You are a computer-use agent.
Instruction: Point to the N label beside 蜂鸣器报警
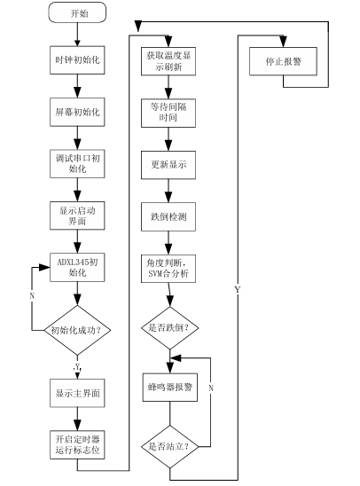[211, 388]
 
